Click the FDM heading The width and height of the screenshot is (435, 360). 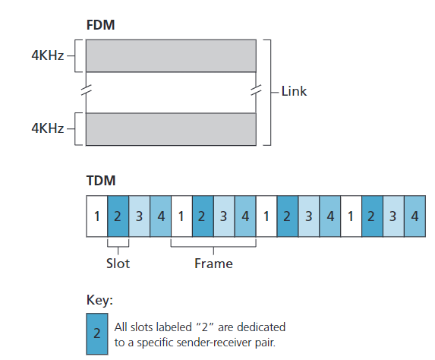tap(100, 24)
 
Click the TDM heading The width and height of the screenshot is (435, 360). tap(100, 182)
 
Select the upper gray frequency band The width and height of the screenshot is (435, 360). tap(171, 55)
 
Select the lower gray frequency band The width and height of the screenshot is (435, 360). tap(171, 129)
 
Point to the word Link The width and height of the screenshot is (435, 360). tap(294, 92)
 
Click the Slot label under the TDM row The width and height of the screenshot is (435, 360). tap(118, 264)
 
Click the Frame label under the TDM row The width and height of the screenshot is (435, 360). tap(213, 264)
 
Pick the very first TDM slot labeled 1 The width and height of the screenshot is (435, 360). tap(97, 216)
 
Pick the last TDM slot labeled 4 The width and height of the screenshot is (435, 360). tap(414, 216)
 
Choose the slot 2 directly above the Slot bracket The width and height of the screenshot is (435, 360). tap(118, 216)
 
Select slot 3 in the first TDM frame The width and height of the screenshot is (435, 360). tap(140, 216)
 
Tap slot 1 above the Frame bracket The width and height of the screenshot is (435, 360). tap(181, 216)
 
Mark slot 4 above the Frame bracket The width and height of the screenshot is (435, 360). tap(245, 216)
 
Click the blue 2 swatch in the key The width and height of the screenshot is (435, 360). tap(97, 333)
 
